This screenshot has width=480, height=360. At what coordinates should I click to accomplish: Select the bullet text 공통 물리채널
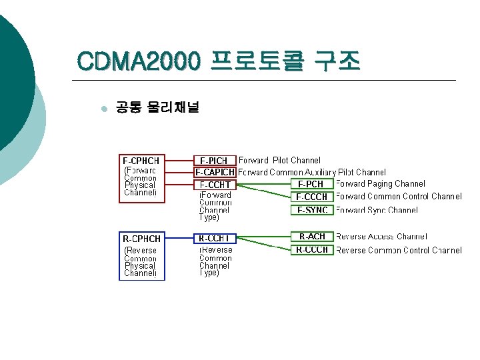(x=157, y=107)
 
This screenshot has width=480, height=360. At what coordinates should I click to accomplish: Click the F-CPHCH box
(x=141, y=177)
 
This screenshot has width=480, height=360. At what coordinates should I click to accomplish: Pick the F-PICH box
(x=214, y=161)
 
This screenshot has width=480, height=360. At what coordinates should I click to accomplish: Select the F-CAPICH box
(x=215, y=172)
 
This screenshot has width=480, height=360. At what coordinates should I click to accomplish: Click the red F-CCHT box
(x=215, y=185)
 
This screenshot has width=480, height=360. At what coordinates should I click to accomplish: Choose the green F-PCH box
(x=311, y=184)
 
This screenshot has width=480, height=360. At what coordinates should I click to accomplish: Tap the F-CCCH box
(x=311, y=197)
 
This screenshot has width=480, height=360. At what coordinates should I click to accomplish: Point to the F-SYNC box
(x=311, y=210)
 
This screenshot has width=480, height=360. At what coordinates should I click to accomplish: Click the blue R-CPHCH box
(x=141, y=255)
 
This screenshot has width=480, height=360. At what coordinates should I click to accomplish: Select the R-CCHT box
(x=215, y=238)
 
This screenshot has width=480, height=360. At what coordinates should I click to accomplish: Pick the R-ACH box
(x=311, y=237)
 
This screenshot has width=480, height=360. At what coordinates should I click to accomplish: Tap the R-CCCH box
(x=311, y=250)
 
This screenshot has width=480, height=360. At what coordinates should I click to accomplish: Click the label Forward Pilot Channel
(x=279, y=161)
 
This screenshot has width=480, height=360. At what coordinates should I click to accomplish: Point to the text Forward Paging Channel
(x=380, y=184)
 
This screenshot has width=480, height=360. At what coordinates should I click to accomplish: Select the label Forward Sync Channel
(x=377, y=210)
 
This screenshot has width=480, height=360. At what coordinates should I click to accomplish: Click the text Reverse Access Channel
(x=381, y=237)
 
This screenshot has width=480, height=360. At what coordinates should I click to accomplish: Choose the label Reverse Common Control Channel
(x=398, y=251)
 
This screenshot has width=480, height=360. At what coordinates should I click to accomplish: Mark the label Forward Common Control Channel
(x=398, y=197)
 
